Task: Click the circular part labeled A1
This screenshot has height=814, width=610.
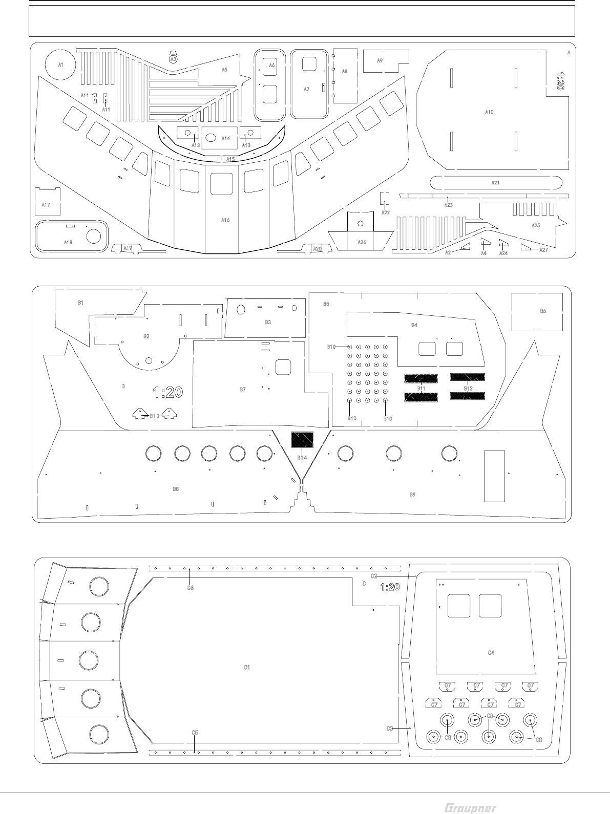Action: point(60,65)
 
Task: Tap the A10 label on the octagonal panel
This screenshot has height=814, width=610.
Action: point(489,112)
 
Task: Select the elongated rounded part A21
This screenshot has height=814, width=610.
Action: point(495,183)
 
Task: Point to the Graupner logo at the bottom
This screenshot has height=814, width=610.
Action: point(470,808)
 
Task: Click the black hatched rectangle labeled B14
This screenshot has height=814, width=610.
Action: point(302,440)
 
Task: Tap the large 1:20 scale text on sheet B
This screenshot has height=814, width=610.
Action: point(168,393)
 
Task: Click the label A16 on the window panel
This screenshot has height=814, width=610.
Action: point(225,220)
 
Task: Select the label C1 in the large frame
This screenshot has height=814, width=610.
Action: point(247,667)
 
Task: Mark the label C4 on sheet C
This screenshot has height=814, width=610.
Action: point(491,653)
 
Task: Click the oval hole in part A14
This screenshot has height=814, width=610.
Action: point(211,138)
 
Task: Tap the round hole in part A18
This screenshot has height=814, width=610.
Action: point(93,236)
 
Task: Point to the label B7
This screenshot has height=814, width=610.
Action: point(243,390)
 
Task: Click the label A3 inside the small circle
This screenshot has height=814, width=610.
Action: point(173,59)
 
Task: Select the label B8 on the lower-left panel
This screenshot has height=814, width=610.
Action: point(176,489)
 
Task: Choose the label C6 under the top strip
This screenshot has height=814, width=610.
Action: point(190,588)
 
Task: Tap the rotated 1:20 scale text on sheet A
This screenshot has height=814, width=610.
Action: point(560,81)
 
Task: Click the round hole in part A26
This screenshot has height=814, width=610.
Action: point(361,223)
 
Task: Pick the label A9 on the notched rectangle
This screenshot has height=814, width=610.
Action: point(380,60)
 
